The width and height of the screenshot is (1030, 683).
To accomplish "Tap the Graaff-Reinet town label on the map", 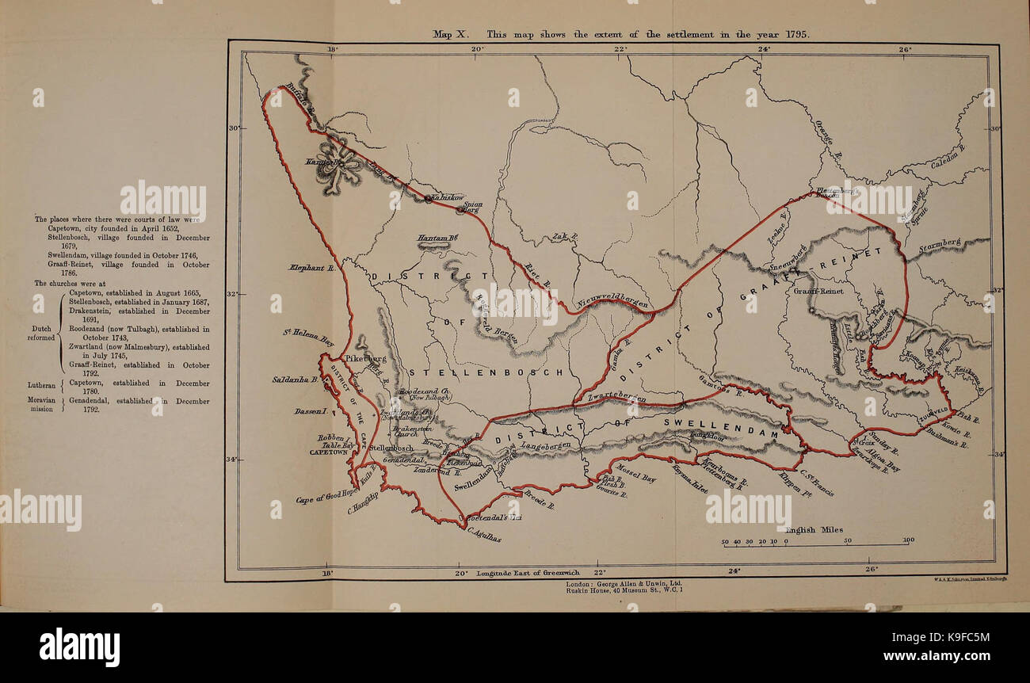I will (x=818, y=291).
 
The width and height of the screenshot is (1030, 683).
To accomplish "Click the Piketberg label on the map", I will (x=367, y=358).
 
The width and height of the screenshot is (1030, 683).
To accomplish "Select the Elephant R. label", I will (x=312, y=268).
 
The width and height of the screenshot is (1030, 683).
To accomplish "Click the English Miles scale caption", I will (x=814, y=529).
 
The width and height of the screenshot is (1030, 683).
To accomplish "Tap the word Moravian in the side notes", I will (x=41, y=401).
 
